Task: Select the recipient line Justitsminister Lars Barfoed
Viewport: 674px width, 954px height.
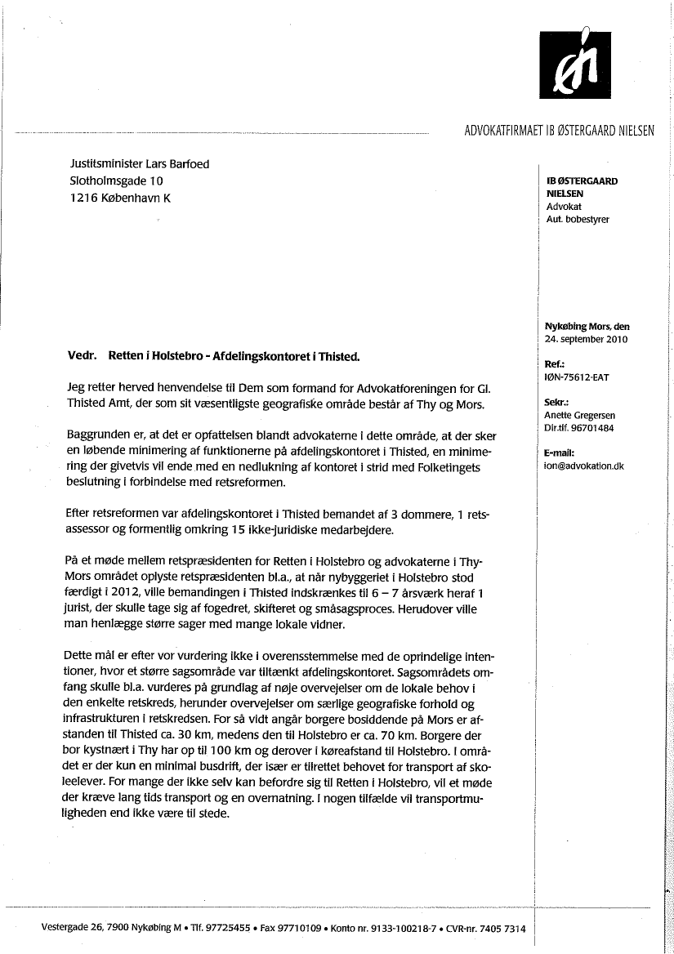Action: (140, 164)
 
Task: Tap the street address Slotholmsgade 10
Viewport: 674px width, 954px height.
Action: (117, 181)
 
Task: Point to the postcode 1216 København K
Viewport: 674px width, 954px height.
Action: (121, 198)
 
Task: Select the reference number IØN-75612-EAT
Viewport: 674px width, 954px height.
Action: (576, 377)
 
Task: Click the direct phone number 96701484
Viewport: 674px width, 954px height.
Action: (594, 427)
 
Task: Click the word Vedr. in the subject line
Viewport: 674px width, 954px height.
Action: (82, 357)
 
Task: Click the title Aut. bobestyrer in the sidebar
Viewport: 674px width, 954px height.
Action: (578, 220)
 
